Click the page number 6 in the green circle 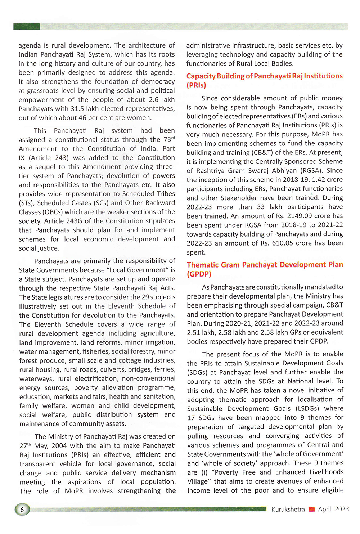[22, 510]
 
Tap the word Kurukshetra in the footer [288, 509]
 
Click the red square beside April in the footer [312, 509]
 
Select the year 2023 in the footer [342, 509]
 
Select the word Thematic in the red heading [203, 265]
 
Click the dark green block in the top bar [27, 26]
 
